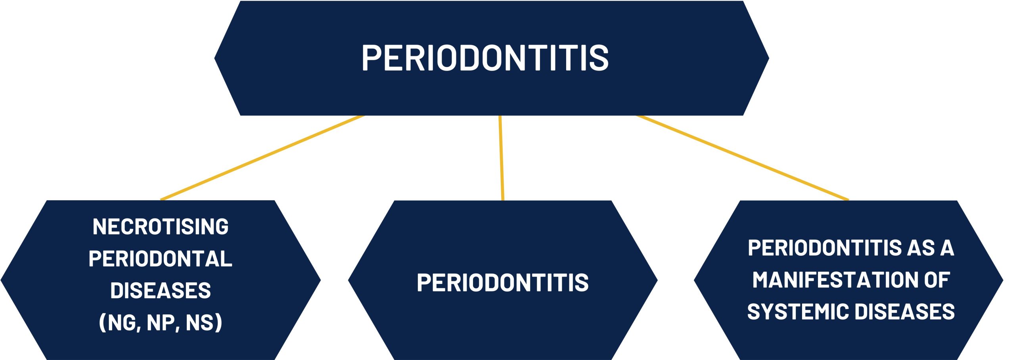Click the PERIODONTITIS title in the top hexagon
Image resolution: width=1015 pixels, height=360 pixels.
pos(485,58)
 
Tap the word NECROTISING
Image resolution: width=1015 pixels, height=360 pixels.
pos(161,227)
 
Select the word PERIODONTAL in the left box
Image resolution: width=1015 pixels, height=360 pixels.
pos(161,259)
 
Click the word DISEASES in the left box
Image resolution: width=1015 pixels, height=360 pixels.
pos(161,291)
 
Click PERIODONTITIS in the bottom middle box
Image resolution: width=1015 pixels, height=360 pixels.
pos(503,283)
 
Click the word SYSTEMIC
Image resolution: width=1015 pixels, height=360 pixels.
pos(798,311)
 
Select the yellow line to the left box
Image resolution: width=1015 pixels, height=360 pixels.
pos(262,158)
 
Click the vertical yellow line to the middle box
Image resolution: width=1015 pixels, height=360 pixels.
pos(501,158)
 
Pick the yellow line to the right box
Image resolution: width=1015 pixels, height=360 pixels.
pos(743,158)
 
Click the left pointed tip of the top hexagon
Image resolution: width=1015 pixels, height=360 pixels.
pos(214,58)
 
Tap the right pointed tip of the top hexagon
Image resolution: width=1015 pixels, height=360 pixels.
pos(769,58)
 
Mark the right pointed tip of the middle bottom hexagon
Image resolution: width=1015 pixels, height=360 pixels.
pos(658,280)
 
